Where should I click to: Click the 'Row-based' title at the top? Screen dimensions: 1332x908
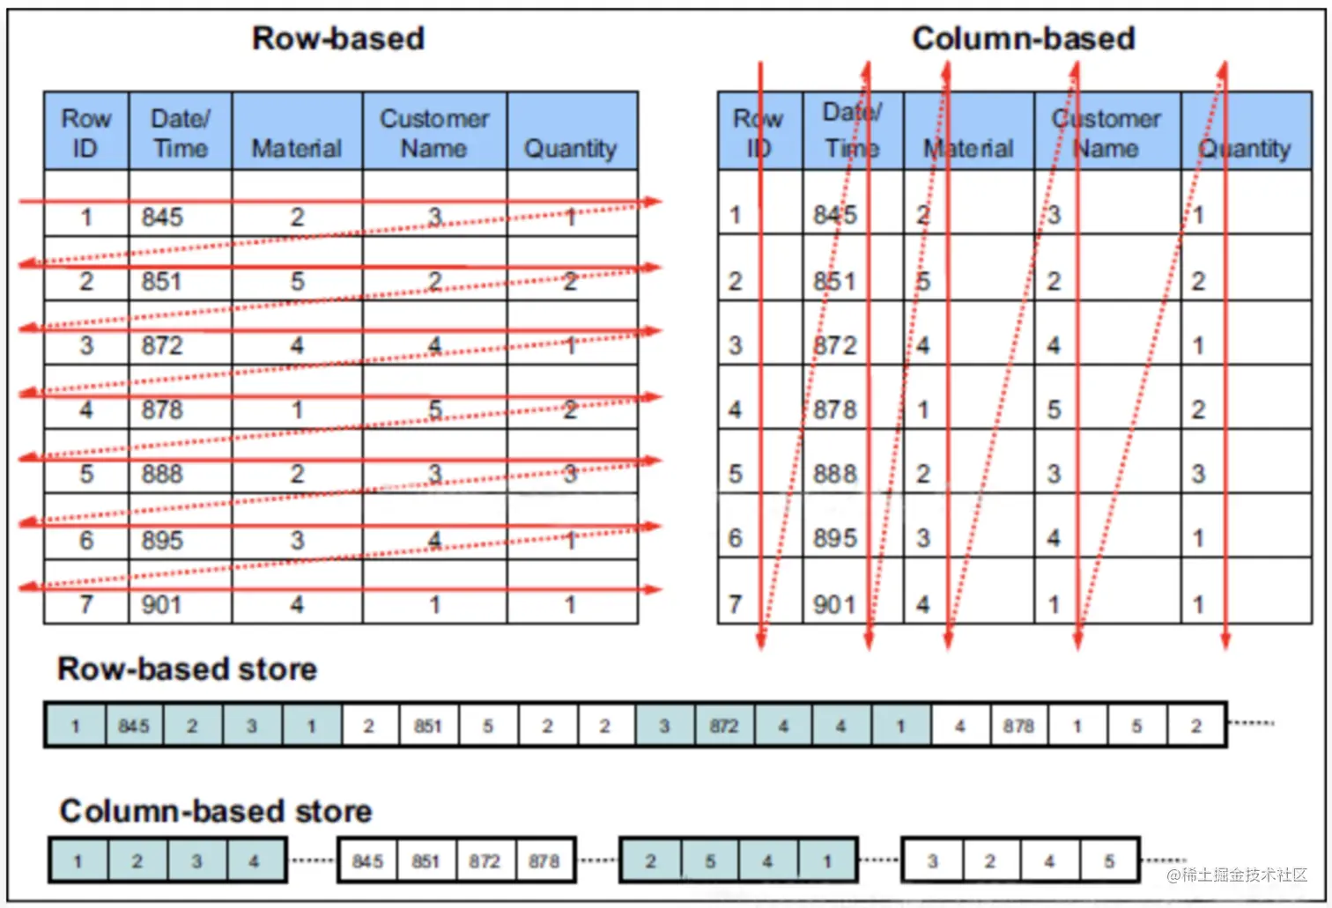338,39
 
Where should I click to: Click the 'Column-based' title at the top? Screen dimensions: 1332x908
1023,39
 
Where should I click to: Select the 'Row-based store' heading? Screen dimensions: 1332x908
187,669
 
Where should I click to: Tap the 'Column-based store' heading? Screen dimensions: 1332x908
216,811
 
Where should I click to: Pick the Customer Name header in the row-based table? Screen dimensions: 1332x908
434,133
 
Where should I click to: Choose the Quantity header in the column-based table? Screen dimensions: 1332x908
1245,148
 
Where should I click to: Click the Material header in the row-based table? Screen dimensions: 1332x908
297,148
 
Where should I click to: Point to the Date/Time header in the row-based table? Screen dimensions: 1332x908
181,133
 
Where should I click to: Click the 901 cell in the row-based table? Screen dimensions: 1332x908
162,605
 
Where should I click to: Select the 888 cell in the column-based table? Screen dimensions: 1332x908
835,474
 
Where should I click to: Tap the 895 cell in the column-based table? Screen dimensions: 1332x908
835,538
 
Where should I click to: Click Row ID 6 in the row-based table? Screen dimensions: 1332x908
86,540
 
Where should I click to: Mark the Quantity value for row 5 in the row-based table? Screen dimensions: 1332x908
571,474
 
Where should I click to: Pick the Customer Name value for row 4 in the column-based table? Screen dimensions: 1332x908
1054,410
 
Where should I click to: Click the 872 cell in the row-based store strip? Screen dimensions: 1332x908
724,727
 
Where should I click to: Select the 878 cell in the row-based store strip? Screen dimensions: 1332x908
1018,727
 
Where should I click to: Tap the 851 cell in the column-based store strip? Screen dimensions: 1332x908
425,861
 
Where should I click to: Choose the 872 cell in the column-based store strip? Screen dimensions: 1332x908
485,861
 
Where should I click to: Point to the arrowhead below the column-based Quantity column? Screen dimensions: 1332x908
1225,640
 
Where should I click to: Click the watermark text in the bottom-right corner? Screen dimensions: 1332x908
1237,875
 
